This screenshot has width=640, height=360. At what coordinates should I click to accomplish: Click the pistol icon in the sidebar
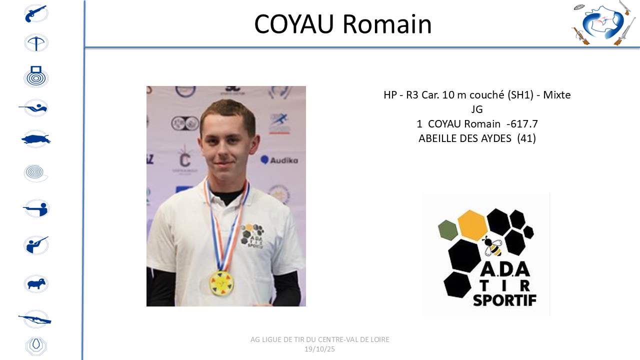[x=36, y=13]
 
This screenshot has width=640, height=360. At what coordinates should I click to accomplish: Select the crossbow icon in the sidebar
[x=36, y=43]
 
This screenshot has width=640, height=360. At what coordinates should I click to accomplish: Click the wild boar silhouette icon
[x=36, y=139]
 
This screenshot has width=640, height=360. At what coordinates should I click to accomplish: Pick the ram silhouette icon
[x=36, y=283]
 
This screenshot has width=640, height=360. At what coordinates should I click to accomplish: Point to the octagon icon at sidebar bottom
[x=36, y=346]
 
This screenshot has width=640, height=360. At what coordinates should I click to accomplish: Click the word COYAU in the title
[x=294, y=24]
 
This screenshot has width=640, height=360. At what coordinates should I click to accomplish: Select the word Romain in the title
[x=387, y=24]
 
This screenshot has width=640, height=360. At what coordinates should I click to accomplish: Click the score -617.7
[x=522, y=124]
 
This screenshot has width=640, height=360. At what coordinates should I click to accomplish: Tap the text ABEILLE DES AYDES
[x=465, y=138]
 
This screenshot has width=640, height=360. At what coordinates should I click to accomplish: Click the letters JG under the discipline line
[x=477, y=109]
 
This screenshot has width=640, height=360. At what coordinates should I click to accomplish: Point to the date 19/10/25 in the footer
[x=319, y=349]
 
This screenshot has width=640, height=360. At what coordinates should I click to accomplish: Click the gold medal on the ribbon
[x=221, y=283]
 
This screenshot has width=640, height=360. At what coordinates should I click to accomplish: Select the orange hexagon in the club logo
[x=472, y=225]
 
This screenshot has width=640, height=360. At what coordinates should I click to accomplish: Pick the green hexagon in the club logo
[x=448, y=230]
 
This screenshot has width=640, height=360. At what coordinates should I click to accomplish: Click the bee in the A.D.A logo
[x=492, y=246]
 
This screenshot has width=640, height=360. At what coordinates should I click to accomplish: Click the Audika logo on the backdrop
[x=279, y=160]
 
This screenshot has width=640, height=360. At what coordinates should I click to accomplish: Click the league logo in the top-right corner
[x=603, y=23]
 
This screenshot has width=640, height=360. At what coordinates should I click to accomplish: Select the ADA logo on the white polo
[x=252, y=235]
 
